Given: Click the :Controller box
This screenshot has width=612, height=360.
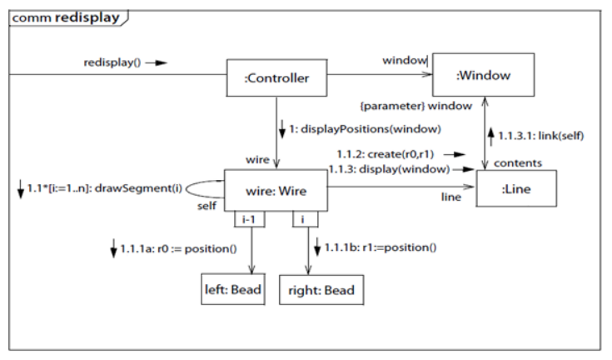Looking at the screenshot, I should click(276, 78).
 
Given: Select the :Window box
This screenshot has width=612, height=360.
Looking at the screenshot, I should click(483, 76).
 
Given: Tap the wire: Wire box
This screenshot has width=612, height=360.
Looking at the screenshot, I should click(276, 191).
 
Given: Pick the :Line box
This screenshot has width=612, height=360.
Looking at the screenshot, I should click(515, 189).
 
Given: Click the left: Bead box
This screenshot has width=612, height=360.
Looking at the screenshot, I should click(232, 290).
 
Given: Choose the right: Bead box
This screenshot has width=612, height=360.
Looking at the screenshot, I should click(321, 290).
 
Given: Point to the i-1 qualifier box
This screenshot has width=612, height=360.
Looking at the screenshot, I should click(248, 219).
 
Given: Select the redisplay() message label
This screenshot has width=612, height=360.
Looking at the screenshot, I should click(112, 62).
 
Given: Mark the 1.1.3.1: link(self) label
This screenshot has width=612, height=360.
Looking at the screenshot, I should click(533, 133).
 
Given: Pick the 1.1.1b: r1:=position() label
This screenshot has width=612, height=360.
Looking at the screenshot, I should click(382, 247).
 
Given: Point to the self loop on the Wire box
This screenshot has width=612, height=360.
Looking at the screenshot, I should click(204, 189).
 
